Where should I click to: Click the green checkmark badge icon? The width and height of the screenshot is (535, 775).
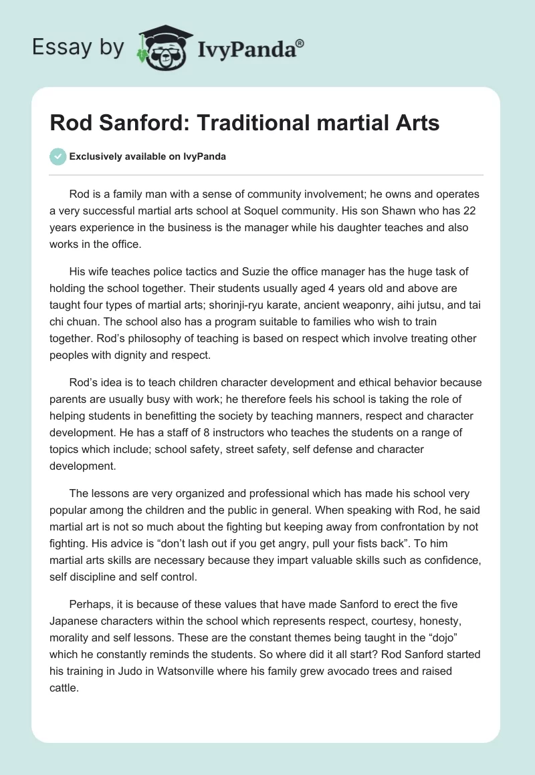click(x=58, y=156)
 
